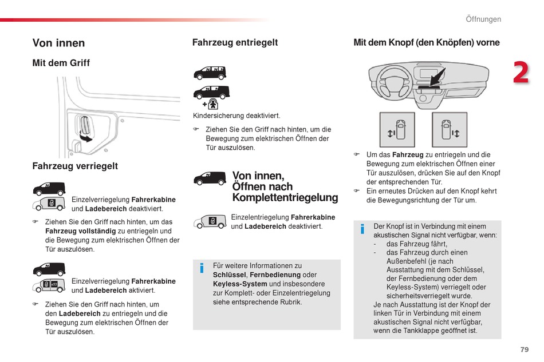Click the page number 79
coord(524,349)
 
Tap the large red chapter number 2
coord(521,73)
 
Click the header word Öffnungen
coord(483,19)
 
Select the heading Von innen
coord(58,43)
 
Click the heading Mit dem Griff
coord(61,63)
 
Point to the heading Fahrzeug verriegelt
coord(75,166)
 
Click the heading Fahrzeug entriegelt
coord(235,42)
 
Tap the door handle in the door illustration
coord(85,126)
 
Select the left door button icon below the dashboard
coord(397,130)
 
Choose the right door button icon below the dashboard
coord(450,130)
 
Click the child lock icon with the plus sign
coord(211,104)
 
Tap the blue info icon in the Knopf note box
coord(362,229)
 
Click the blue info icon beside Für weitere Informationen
coord(202,268)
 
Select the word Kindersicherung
coord(214,116)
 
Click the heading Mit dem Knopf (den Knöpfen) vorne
coord(427,42)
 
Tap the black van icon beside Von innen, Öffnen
coord(210,178)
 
